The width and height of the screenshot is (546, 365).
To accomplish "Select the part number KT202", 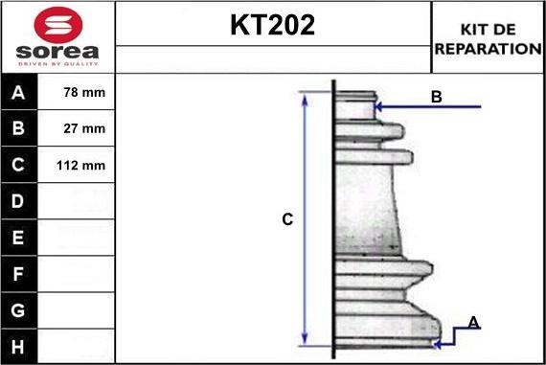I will coord(272,26).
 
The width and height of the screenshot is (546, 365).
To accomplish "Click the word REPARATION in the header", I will coord(489,48).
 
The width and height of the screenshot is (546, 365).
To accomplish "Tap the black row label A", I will coord(19,93).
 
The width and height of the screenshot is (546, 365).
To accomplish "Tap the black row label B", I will coord(19,128).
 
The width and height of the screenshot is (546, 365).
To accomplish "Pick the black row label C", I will coord(19,165).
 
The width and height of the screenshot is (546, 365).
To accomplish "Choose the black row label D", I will coord(19,201).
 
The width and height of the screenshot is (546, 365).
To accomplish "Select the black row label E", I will coord(19,237).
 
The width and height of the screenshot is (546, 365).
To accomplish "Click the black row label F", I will coord(19,273).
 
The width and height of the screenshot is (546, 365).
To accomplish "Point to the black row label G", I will coord(19,309).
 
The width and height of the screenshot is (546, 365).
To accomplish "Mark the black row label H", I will coord(19,345).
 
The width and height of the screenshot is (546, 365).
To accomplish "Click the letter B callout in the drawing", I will coord(436,96).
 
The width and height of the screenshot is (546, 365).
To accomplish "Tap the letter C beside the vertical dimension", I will coord(286,219).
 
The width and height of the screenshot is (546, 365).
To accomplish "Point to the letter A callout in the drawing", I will coord(472,322).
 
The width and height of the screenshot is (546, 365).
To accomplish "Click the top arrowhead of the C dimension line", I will coord(305,98).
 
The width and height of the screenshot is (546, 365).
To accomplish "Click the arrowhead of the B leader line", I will coord(378,106).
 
